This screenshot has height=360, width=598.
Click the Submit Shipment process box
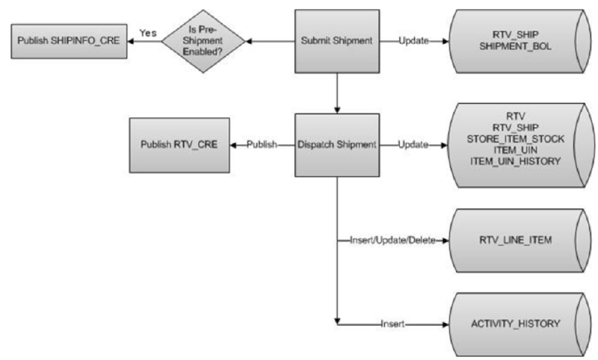coord(338,41)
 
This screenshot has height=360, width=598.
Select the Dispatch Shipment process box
coord(338,144)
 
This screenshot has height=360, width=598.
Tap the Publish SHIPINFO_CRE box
coord(66,41)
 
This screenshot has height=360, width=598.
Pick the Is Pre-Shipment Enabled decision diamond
coord(201,41)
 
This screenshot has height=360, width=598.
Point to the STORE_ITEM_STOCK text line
coord(515,139)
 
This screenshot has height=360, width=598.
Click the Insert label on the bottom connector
coord(393,324)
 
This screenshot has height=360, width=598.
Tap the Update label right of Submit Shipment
coord(413,41)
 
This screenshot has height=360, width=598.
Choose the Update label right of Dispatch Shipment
coord(413,144)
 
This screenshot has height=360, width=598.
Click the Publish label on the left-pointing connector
coord(264,144)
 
